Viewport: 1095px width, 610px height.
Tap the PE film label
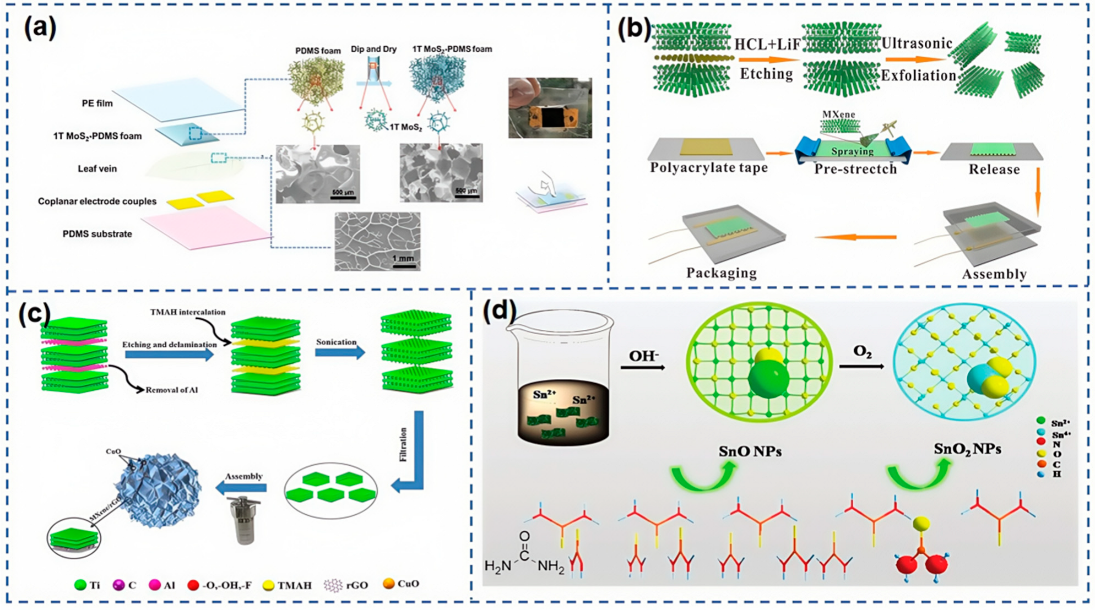pos(97,103)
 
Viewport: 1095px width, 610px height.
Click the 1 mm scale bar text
pos(403,258)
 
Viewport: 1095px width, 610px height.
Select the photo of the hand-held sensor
pos(550,108)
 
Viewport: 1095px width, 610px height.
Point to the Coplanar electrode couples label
pos(97,201)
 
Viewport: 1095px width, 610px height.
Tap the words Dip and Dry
pos(373,49)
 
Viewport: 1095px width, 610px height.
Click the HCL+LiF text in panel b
pos(767,45)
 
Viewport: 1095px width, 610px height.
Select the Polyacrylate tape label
pos(708,168)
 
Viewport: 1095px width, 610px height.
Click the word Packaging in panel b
pos(721,273)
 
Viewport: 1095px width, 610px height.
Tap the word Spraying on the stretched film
pos(852,151)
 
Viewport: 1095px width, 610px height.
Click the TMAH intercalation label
pos(188,312)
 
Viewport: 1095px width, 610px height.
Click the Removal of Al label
pos(171,390)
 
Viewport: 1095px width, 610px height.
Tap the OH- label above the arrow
pos(643,356)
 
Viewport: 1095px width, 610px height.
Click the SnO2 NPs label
pos(967,449)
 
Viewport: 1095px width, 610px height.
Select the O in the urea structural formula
pos(524,536)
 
